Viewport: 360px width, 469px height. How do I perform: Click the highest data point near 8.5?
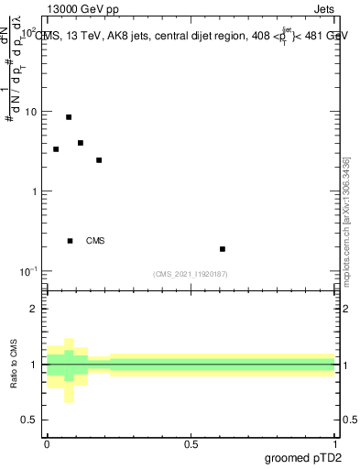tap(69, 117)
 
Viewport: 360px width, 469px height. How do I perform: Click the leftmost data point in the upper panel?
tap(56, 149)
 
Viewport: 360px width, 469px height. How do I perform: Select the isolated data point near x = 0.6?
tap(223, 249)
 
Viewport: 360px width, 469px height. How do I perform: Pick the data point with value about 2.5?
tap(99, 160)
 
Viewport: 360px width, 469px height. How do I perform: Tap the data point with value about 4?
tap(81, 143)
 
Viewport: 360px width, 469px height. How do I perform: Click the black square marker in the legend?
tap(71, 241)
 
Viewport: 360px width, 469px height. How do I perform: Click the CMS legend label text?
tap(95, 241)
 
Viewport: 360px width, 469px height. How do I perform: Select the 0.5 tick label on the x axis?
tap(191, 442)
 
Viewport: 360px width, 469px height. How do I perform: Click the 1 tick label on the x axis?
tap(335, 442)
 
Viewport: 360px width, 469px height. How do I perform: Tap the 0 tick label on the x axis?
tap(47, 442)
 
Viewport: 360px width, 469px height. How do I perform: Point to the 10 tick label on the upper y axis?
tap(30, 112)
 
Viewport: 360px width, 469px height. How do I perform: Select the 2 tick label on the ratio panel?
tap(34, 310)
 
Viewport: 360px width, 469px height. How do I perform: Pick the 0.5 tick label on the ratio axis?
tap(30, 420)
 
